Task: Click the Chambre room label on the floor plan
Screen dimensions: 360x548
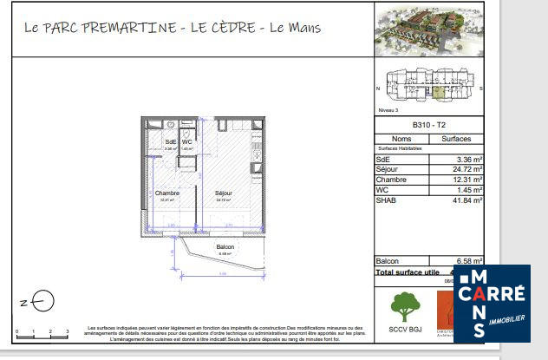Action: coord(166,193)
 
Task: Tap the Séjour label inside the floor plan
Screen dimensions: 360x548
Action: coord(223,193)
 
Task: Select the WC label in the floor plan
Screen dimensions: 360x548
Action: coord(186,142)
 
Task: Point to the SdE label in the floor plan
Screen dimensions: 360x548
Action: coord(170,142)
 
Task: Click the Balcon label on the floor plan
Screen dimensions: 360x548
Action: coord(225,247)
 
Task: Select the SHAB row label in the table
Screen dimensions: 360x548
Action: coord(386,200)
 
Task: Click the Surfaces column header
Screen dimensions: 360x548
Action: coord(456,139)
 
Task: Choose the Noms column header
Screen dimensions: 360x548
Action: coord(401,139)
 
